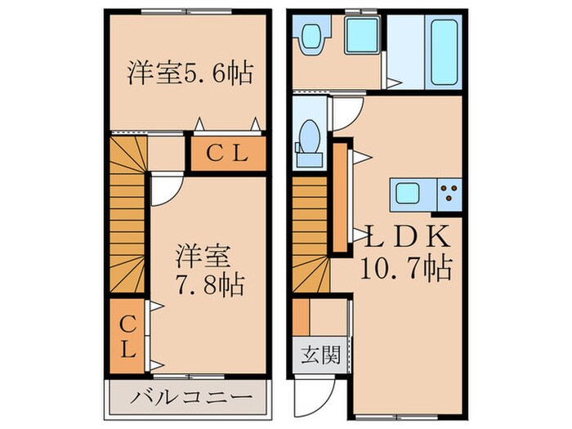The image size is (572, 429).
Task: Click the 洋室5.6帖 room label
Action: [x=188, y=74]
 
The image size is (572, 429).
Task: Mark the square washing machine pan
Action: [x=360, y=36]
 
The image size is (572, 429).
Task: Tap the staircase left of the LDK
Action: [x=311, y=237]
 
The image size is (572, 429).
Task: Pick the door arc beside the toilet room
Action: [x=343, y=115]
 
